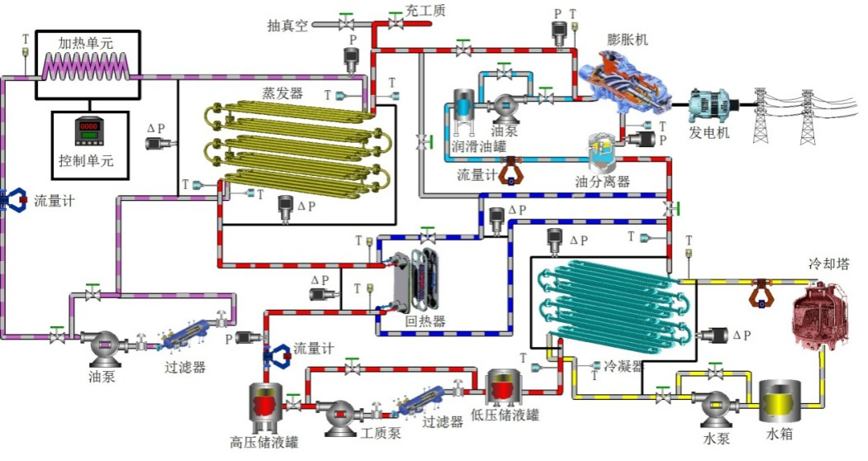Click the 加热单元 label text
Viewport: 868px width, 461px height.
pos(85,43)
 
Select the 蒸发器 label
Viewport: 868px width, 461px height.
pos(282,93)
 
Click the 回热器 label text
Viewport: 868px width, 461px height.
pos(425,321)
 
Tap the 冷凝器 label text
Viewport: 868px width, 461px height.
pos(623,365)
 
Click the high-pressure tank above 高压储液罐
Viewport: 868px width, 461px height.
pos(267,406)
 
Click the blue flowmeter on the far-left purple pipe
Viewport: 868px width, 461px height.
pos(12,199)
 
